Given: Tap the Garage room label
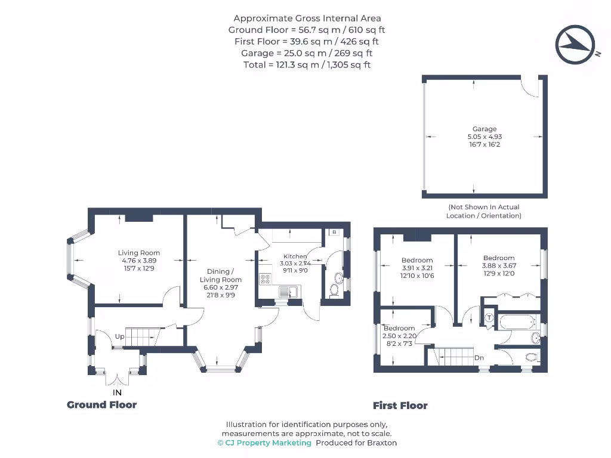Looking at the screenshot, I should pyautogui.click(x=485, y=129).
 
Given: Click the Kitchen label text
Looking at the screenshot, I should pyautogui.click(x=295, y=256).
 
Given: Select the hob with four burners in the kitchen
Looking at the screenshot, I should pyautogui.click(x=264, y=279).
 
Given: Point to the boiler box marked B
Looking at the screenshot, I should pyautogui.click(x=334, y=232).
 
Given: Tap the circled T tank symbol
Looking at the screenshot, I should pyautogui.click(x=489, y=318).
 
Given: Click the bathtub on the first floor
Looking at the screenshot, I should pyautogui.click(x=518, y=323).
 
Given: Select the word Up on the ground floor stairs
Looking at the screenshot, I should pyautogui.click(x=120, y=337).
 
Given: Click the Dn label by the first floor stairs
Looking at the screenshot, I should pyautogui.click(x=479, y=358).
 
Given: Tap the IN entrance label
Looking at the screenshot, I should pyautogui.click(x=118, y=392).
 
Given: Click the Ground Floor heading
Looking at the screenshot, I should pyautogui.click(x=101, y=405).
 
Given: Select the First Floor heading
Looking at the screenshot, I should pyautogui.click(x=400, y=406).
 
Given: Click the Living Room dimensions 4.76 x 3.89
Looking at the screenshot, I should pyautogui.click(x=138, y=261).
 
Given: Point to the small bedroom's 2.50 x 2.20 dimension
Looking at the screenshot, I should pyautogui.click(x=399, y=336).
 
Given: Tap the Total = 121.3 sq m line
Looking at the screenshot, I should pyautogui.click(x=307, y=64).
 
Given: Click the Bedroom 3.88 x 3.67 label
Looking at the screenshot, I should pyautogui.click(x=498, y=266).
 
